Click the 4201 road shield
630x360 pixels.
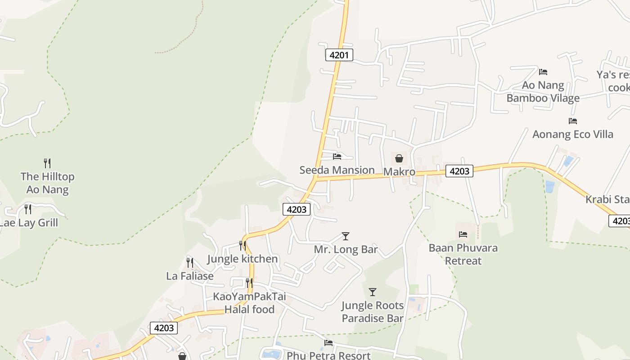point(339,55)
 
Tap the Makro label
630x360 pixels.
point(399,172)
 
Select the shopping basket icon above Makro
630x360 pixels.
point(399,158)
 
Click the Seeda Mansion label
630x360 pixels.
point(337,170)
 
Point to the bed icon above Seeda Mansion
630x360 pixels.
point(337,157)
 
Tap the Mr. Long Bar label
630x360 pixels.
point(346,249)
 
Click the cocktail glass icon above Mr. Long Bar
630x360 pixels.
point(346,236)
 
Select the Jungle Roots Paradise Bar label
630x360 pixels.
point(373,312)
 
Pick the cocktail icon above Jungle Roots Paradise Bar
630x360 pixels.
point(373,292)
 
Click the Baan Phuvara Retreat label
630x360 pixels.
point(463,254)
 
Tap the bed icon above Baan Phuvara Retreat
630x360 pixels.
point(463,234)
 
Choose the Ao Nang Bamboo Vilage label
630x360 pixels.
point(543,92)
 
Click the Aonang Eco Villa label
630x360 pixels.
point(573,134)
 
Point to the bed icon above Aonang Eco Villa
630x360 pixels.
point(573,121)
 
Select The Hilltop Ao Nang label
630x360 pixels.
point(47,183)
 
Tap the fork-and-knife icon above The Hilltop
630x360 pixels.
point(47,163)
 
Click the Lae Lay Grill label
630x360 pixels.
point(28,223)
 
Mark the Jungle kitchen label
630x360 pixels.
point(243,259)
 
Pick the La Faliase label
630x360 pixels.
point(190,276)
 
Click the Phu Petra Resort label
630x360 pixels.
point(328,355)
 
